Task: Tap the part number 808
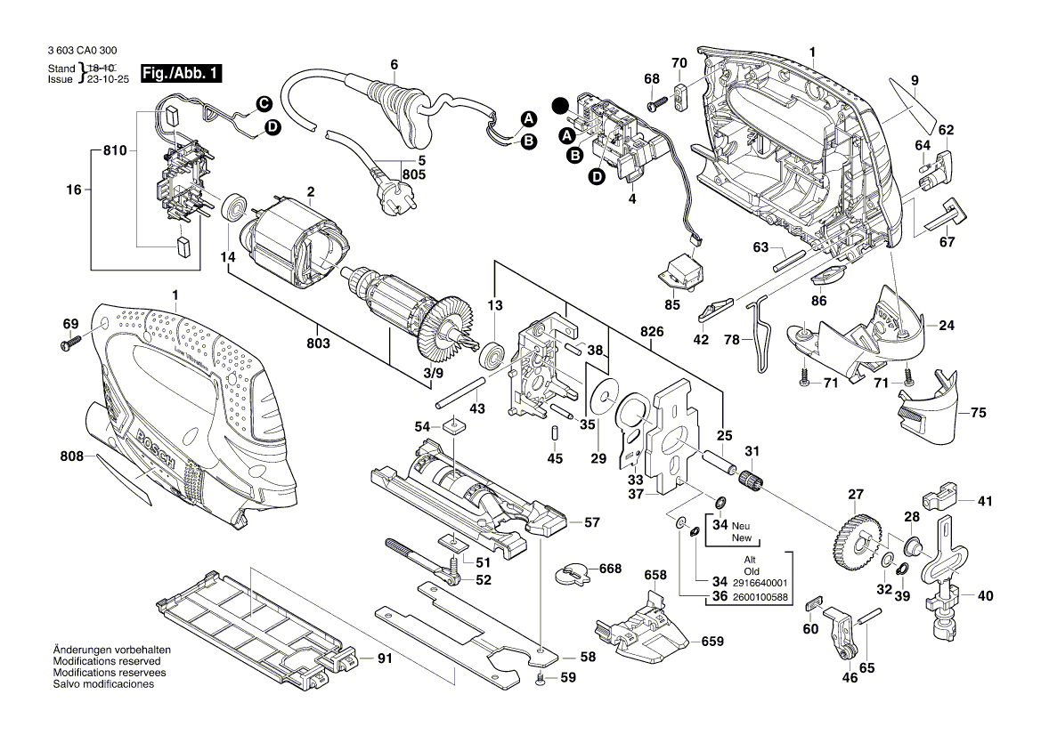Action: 71,456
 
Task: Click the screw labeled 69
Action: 71,343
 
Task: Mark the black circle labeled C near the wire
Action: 264,105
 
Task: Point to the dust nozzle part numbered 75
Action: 931,400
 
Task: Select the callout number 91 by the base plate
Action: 385,659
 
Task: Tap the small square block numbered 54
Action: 453,425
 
